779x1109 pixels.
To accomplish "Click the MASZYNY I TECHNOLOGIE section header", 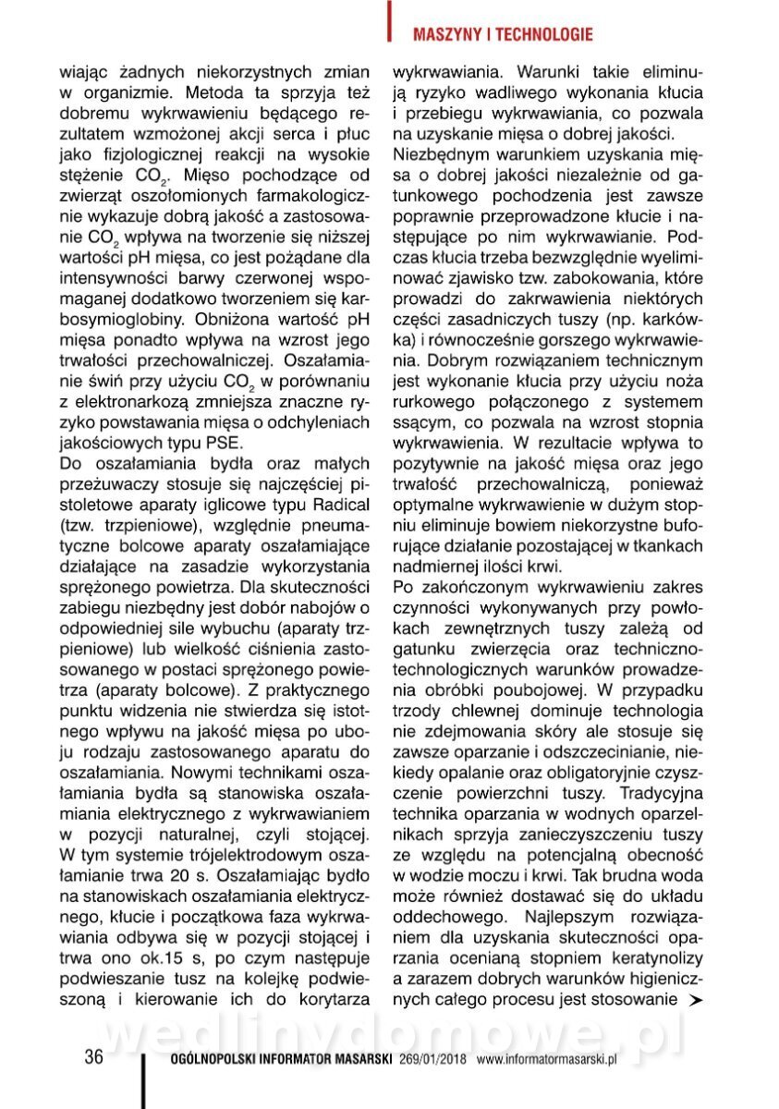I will coord(503,35).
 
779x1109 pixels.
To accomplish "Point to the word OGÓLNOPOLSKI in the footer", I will coord(214,1060).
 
